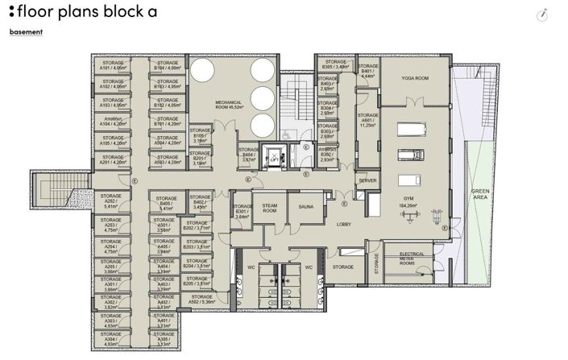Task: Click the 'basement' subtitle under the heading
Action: tap(26, 32)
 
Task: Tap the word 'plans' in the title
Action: tap(90, 12)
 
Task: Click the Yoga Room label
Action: tap(415, 78)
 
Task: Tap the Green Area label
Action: tap(481, 194)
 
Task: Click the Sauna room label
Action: tap(306, 207)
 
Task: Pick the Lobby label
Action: tap(344, 225)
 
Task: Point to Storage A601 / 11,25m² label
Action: tap(368, 122)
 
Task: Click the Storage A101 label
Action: tap(111, 66)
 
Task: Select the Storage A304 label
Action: tap(111, 341)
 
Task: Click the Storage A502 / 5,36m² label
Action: tap(202, 300)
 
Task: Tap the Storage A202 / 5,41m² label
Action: tap(111, 201)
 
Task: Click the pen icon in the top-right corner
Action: tap(544, 14)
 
